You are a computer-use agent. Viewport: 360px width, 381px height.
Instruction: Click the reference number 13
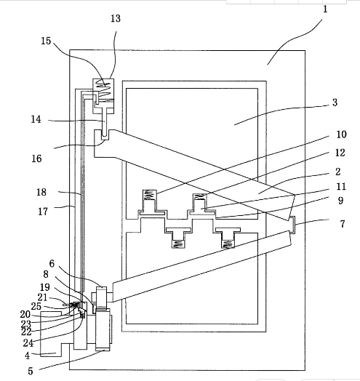[x=116, y=18]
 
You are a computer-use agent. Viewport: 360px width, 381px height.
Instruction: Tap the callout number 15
[x=46, y=41]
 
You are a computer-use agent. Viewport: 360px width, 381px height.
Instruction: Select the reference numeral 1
[x=325, y=9]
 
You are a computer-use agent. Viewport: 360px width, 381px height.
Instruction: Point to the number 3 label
[x=335, y=103]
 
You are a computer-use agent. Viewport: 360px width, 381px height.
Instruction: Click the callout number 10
[x=341, y=135]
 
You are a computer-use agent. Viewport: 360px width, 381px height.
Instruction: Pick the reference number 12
[x=340, y=153]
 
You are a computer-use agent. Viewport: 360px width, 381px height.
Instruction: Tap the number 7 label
[x=343, y=224]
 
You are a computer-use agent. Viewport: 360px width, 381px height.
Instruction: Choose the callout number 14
[x=36, y=119]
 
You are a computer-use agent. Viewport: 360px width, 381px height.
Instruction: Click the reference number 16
[x=36, y=159]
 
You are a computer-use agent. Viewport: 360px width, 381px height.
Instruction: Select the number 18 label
[x=41, y=193]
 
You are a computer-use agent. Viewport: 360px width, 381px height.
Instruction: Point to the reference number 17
[x=43, y=212]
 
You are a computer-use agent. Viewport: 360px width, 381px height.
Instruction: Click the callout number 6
[x=52, y=264]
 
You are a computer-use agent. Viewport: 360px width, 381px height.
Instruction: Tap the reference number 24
[x=28, y=343]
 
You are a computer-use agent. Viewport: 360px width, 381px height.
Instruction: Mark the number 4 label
[x=27, y=356]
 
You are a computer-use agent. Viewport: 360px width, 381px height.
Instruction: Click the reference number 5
[x=30, y=371]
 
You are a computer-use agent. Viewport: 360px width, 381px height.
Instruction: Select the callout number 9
[x=340, y=201]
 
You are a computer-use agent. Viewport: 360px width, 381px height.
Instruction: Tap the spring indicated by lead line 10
[x=149, y=195]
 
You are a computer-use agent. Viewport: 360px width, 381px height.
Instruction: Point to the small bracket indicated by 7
[x=294, y=225]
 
